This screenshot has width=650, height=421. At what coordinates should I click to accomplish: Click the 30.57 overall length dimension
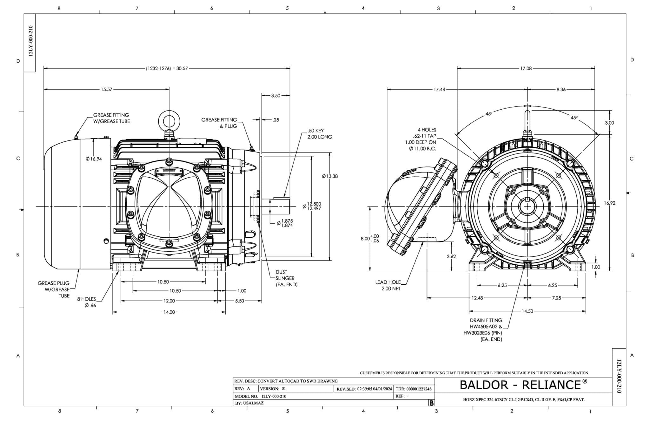point(167,68)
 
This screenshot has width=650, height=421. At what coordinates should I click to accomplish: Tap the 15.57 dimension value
point(107,90)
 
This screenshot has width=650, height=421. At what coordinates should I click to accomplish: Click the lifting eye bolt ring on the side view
point(169,121)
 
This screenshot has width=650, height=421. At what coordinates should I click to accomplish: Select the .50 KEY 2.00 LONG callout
point(319,134)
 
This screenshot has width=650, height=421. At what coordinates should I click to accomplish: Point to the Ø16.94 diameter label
point(94,159)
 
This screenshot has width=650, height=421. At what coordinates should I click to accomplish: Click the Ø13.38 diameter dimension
point(330,176)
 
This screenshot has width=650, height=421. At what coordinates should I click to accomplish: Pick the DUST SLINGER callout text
point(286,278)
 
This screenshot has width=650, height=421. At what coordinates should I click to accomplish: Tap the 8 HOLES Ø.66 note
point(87,302)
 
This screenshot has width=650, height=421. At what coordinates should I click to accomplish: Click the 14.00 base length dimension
point(169,312)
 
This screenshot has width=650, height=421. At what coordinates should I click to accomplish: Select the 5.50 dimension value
point(240,301)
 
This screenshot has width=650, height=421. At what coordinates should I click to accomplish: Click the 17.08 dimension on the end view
point(526,68)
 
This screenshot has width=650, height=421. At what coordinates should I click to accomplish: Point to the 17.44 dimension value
point(439,90)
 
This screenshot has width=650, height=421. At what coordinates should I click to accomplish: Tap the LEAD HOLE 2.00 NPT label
point(388,285)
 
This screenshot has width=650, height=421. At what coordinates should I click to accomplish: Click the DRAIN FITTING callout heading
point(486,320)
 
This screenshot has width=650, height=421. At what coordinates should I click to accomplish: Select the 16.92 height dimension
point(610,203)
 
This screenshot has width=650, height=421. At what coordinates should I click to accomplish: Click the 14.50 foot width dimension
point(527,311)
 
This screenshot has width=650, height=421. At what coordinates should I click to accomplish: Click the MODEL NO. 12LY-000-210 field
point(260,396)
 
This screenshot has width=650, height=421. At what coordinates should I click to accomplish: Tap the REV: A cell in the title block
point(242,389)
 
